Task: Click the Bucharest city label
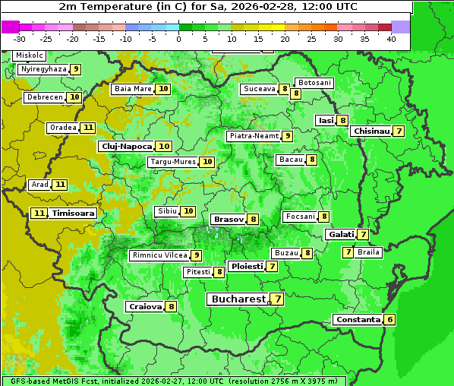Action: (238, 299)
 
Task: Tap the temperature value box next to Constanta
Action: (390, 320)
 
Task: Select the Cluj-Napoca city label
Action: (126, 146)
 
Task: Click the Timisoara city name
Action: (74, 214)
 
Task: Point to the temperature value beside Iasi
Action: (343, 120)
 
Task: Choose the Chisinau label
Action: (371, 131)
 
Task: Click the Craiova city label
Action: (145, 307)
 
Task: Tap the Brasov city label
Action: (228, 219)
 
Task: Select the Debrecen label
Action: (44, 97)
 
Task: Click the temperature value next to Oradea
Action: (89, 128)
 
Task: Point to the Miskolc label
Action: (29, 55)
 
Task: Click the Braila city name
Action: (368, 252)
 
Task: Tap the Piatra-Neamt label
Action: (254, 136)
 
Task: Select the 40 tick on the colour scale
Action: (391, 39)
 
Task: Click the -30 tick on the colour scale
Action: (20, 39)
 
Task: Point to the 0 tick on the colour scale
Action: (179, 39)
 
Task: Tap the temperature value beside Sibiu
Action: (189, 211)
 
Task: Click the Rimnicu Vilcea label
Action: (158, 255)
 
